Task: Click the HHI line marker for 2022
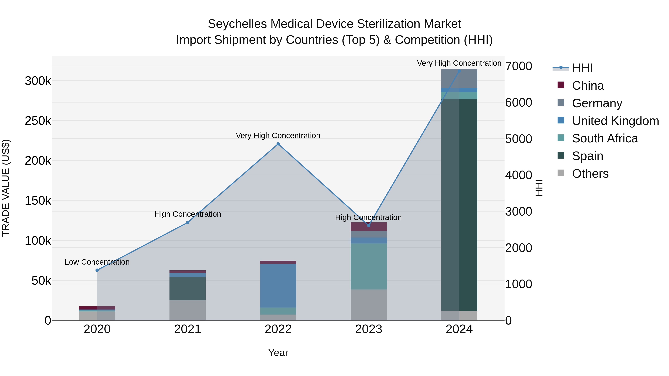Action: (x=278, y=144)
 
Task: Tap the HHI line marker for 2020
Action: (x=97, y=270)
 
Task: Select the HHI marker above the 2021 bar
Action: (x=188, y=222)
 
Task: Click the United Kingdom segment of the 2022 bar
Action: (x=278, y=285)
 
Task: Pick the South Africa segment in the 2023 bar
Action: (x=369, y=266)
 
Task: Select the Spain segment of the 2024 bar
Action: (x=459, y=205)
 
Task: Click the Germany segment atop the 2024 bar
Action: (x=459, y=78)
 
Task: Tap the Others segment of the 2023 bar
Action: (x=369, y=305)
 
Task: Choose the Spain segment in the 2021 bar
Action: (x=188, y=288)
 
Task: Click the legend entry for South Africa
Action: (x=605, y=138)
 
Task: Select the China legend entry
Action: (x=588, y=86)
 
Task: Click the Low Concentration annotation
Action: (x=97, y=262)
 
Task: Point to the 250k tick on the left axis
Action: (x=38, y=121)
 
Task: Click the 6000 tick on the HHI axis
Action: (x=518, y=102)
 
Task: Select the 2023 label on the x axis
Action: (x=369, y=329)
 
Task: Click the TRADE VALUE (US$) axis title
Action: (x=6, y=188)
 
